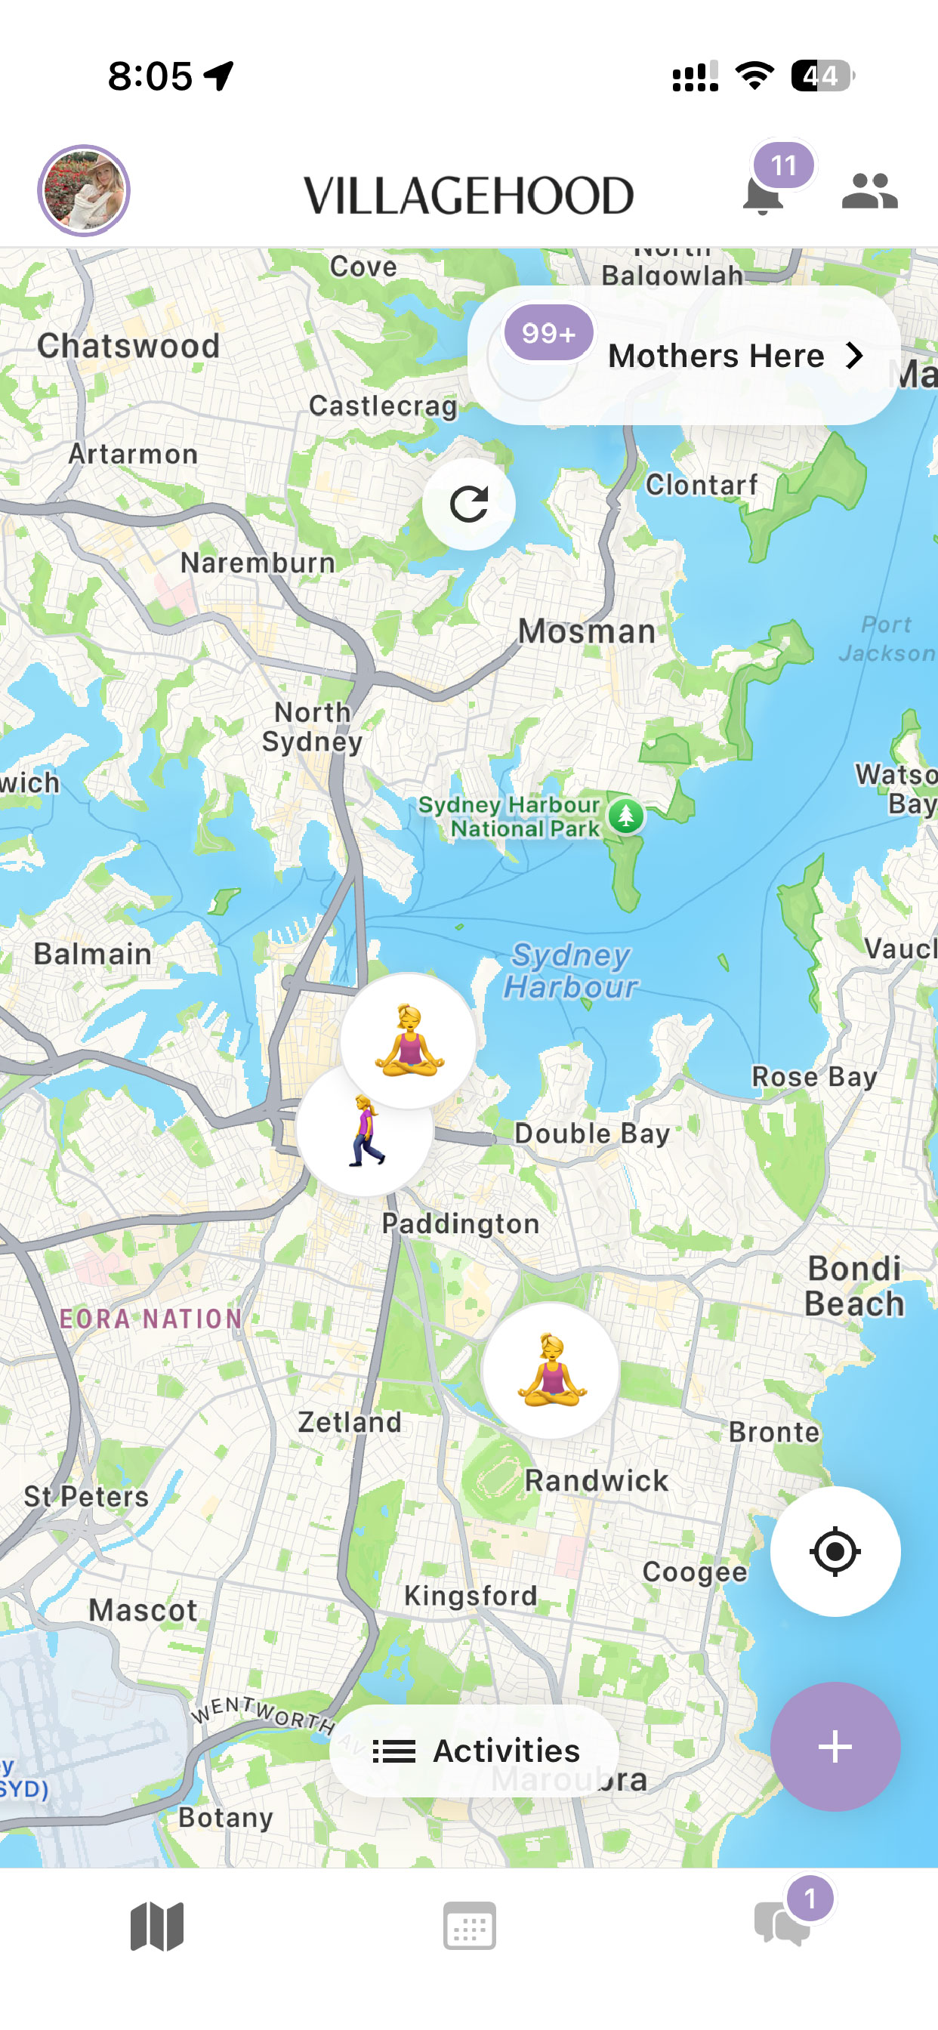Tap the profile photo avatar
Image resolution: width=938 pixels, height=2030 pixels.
[x=84, y=191]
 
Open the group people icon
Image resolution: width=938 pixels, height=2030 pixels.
[x=869, y=191]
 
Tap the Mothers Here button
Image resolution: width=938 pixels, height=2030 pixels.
[x=683, y=356]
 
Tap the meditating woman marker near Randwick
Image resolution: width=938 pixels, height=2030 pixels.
[x=551, y=1370]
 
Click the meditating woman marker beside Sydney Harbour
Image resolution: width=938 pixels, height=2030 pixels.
[x=409, y=1040]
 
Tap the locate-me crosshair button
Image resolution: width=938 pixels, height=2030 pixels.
[x=835, y=1551]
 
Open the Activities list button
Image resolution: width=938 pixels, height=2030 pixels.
[x=474, y=1751]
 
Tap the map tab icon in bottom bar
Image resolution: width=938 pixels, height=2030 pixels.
[x=157, y=1925]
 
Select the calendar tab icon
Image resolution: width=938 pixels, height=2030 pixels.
[x=470, y=1925]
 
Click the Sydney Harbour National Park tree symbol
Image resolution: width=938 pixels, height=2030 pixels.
[x=626, y=816]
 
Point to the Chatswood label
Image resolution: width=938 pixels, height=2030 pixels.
[x=128, y=346]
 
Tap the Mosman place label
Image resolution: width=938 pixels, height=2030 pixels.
[x=588, y=631]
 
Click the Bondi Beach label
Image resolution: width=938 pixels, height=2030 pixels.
[x=854, y=1285]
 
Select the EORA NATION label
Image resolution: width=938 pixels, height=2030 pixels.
[x=151, y=1319]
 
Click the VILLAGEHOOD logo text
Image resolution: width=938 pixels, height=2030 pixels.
[x=469, y=196]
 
